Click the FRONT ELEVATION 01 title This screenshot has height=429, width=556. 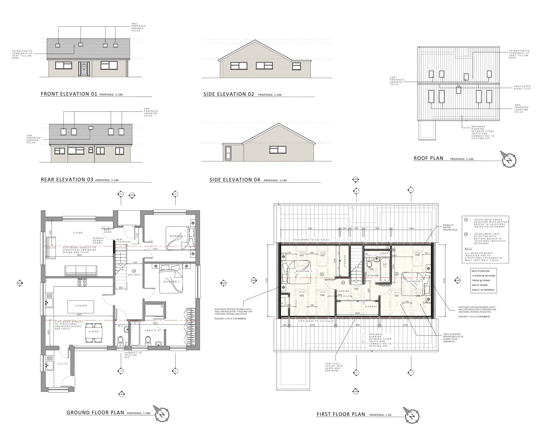(69, 94)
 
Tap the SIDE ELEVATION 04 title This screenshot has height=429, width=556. (234, 180)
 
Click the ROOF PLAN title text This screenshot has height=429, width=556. (429, 158)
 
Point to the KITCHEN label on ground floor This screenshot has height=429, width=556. (81, 306)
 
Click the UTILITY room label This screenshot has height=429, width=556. (63, 364)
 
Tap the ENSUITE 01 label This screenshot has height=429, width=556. (153, 330)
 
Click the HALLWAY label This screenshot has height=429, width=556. (134, 275)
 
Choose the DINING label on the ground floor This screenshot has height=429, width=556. (94, 332)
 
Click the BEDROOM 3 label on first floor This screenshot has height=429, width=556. (304, 271)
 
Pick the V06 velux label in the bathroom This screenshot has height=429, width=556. (371, 269)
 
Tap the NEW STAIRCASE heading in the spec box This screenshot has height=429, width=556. (480, 271)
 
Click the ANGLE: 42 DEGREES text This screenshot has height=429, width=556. (483, 290)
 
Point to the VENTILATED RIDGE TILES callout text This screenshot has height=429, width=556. (522, 87)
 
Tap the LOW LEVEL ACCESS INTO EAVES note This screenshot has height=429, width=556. (332, 367)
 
